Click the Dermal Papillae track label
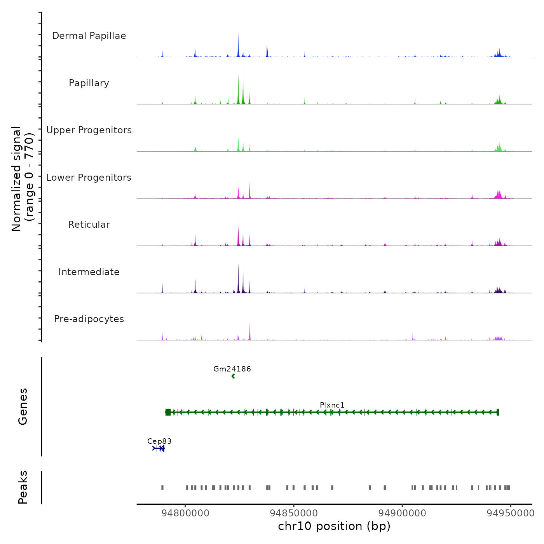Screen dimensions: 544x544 click(x=89, y=36)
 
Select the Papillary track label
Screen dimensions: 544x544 click(x=89, y=83)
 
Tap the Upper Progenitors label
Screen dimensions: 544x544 click(x=89, y=130)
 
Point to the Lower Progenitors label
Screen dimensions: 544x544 click(x=89, y=178)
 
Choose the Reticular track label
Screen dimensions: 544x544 click(x=89, y=225)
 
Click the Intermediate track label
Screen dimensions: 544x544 click(x=89, y=272)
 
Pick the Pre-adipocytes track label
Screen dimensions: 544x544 click(x=89, y=319)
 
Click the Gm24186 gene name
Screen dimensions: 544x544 click(x=232, y=369)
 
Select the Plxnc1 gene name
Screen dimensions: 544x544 click(x=332, y=405)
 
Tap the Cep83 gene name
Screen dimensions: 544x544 click(x=159, y=441)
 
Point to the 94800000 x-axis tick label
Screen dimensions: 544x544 click(x=185, y=513)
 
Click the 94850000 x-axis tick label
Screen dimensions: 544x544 click(x=294, y=513)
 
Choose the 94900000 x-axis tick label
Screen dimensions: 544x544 click(x=402, y=513)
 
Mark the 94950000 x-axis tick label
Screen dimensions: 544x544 click(x=511, y=513)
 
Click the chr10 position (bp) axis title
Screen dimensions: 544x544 click(x=334, y=526)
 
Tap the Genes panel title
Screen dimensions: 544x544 click(x=23, y=406)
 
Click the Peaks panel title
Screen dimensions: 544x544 click(x=23, y=487)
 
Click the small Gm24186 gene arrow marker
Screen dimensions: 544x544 click(x=233, y=376)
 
